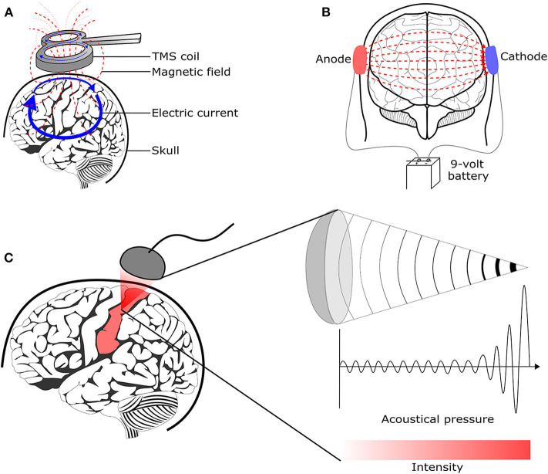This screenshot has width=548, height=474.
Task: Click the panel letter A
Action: [8, 13]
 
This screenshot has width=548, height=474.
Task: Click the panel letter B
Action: [326, 12]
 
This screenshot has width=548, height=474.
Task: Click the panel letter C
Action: [8, 258]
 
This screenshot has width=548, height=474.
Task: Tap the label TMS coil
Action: [176, 56]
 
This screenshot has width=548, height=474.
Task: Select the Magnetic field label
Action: [191, 72]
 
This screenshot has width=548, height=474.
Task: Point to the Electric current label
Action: [195, 113]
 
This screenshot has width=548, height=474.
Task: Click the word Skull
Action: [165, 151]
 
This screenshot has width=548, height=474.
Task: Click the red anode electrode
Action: [359, 60]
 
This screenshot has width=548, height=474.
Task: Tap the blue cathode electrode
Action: [492, 60]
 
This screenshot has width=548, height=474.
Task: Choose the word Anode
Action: [333, 59]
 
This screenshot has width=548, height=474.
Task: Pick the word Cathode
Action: [523, 56]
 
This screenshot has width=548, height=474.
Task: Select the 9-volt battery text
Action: [468, 170]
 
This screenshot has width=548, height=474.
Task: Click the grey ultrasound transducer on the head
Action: [143, 263]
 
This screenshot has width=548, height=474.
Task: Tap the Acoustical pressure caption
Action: [438, 419]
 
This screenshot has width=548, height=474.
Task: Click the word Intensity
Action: [437, 467]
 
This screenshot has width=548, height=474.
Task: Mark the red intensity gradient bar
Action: [436, 450]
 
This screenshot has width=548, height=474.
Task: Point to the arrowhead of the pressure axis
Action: [537, 367]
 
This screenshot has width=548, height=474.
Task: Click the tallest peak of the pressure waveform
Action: [523, 286]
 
